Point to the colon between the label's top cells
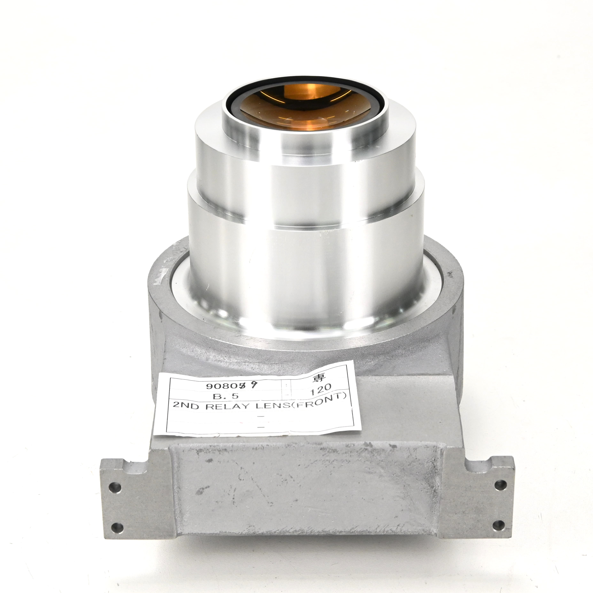(x=286, y=384)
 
